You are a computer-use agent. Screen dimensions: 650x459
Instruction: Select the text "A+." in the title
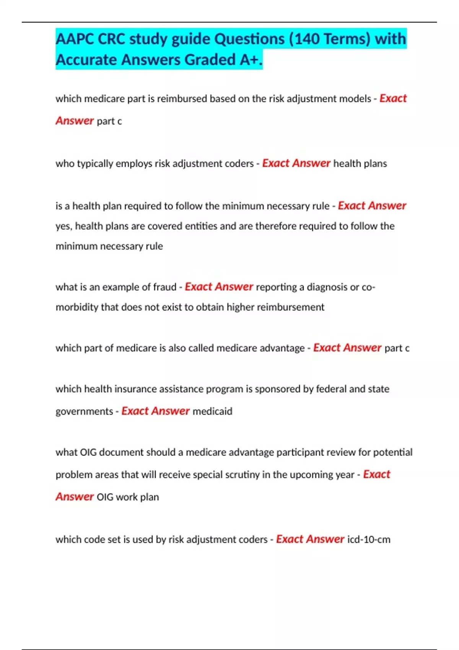[x=251, y=60]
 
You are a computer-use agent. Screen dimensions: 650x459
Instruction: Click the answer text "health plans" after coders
[x=360, y=164]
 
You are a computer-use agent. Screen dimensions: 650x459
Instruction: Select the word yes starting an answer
[x=63, y=226]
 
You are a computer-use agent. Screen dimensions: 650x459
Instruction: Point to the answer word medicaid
[x=212, y=411]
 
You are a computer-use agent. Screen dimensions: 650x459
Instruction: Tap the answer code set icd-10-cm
[x=369, y=539]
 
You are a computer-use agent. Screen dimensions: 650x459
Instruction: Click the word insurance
[x=135, y=389]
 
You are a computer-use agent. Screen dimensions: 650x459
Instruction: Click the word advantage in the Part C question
[x=282, y=348]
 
